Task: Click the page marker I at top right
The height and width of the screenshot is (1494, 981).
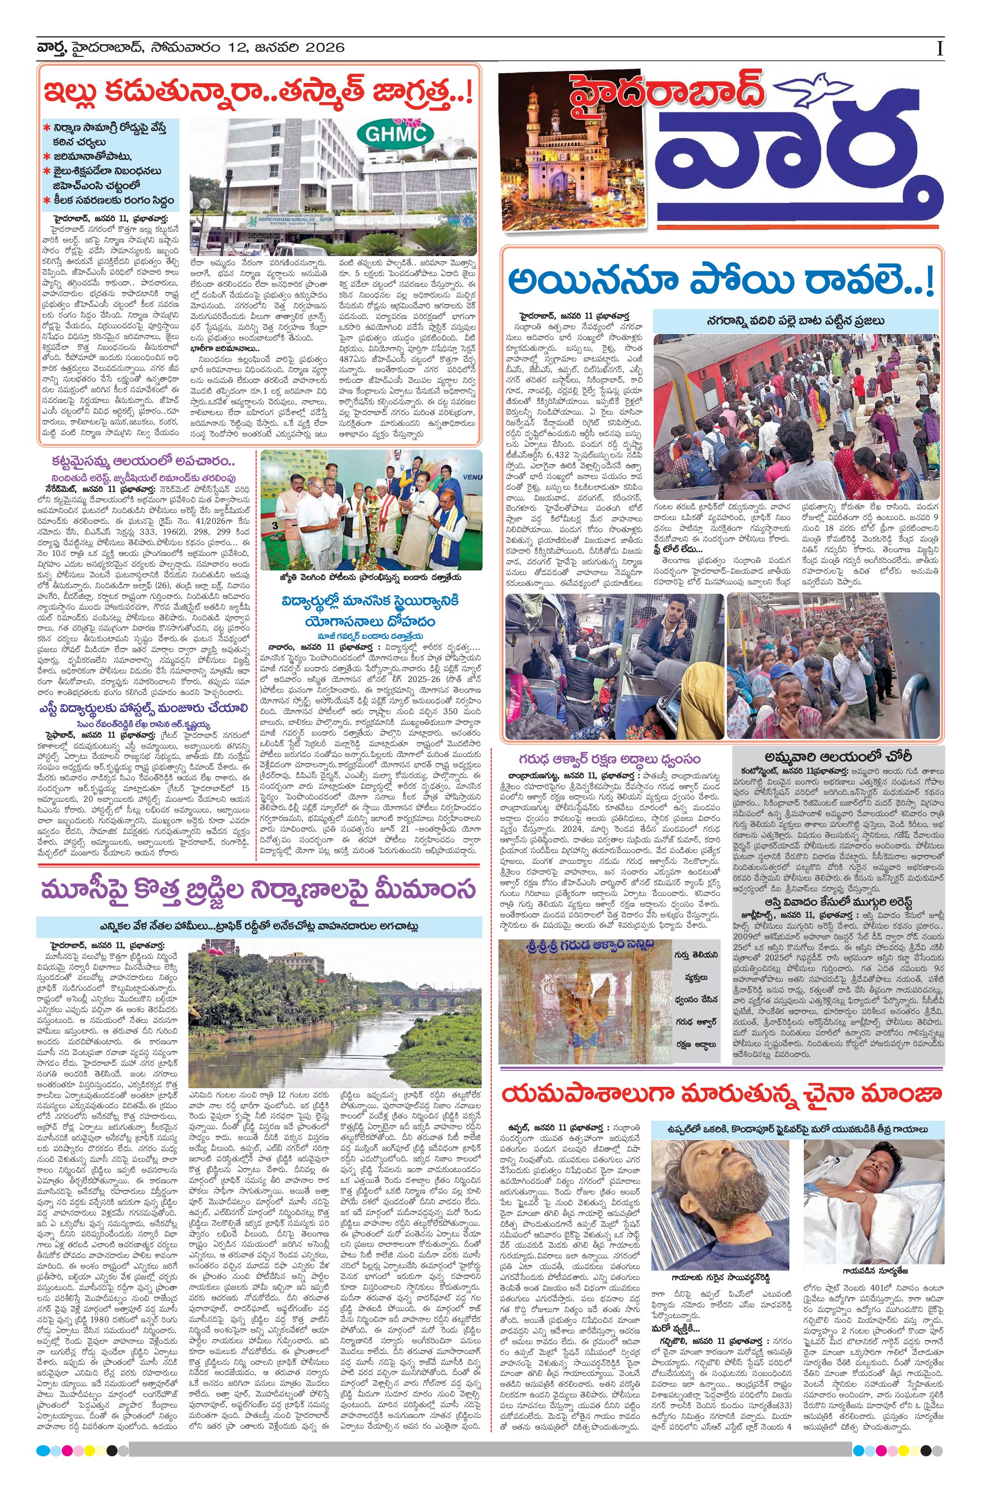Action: point(940,49)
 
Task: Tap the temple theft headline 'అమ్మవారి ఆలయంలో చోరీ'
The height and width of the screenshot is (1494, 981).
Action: point(838,757)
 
